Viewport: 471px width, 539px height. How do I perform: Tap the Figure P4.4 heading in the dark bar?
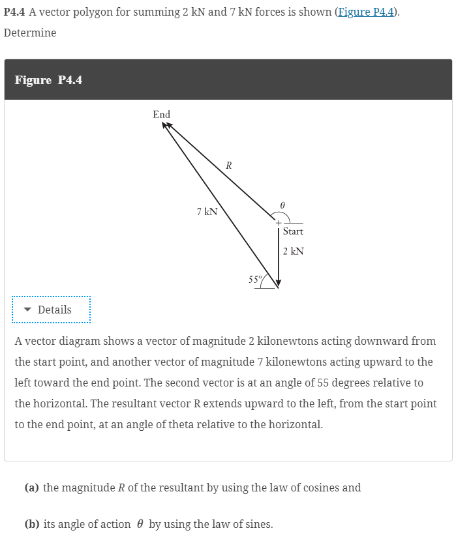tap(48, 80)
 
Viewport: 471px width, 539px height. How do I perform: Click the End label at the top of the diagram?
tap(161, 115)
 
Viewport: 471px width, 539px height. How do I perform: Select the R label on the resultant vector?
tap(228, 166)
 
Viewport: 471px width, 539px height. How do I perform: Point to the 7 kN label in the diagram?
tap(207, 211)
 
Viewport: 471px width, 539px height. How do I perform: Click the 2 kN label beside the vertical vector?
tap(294, 251)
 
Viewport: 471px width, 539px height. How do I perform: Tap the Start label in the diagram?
tap(293, 231)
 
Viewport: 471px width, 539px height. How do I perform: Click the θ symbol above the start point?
tap(282, 204)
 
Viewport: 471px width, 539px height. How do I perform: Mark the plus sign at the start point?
tap(277, 222)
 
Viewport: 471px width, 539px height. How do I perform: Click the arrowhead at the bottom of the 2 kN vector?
tap(279, 283)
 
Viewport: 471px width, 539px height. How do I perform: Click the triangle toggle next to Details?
tap(27, 310)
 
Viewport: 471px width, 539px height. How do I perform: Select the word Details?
tap(55, 310)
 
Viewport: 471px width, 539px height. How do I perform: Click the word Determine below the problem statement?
tap(30, 33)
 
